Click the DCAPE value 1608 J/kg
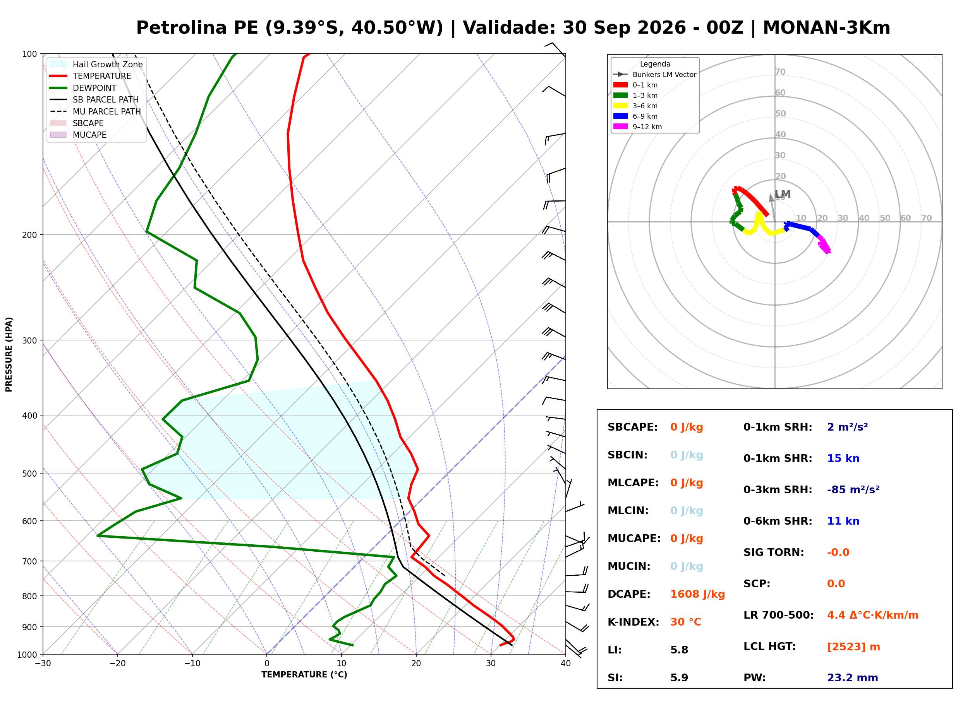[697, 594]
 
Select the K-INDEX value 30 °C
[686, 622]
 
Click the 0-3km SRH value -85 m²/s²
[853, 489]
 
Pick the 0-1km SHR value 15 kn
[843, 458]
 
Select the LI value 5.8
[679, 650]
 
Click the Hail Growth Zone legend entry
[96, 64]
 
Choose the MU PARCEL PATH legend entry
[96, 111]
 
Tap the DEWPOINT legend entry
[83, 88]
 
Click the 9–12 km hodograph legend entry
[638, 127]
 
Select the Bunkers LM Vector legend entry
[655, 75]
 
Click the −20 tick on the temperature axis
[117, 664]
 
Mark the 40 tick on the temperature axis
[566, 664]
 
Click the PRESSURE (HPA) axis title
[9, 354]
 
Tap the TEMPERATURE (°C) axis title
[304, 675]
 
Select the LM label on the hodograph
[783, 194]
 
